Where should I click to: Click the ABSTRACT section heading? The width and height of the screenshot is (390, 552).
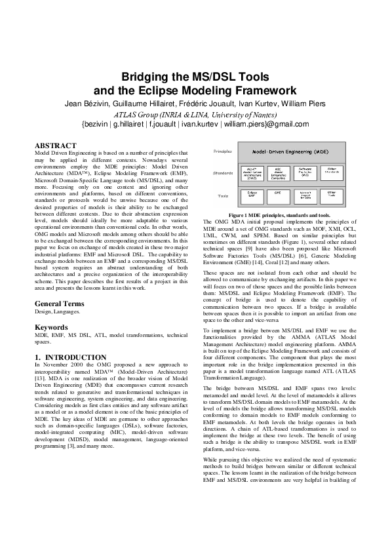point(55,146)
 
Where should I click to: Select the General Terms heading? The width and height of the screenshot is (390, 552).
point(59,304)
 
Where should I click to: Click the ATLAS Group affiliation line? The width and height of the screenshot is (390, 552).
point(195,114)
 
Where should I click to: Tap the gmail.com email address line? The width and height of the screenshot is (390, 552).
point(195,123)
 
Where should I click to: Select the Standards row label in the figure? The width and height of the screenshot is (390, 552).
point(224,173)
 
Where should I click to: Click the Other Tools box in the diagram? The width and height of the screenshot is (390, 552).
point(332,195)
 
